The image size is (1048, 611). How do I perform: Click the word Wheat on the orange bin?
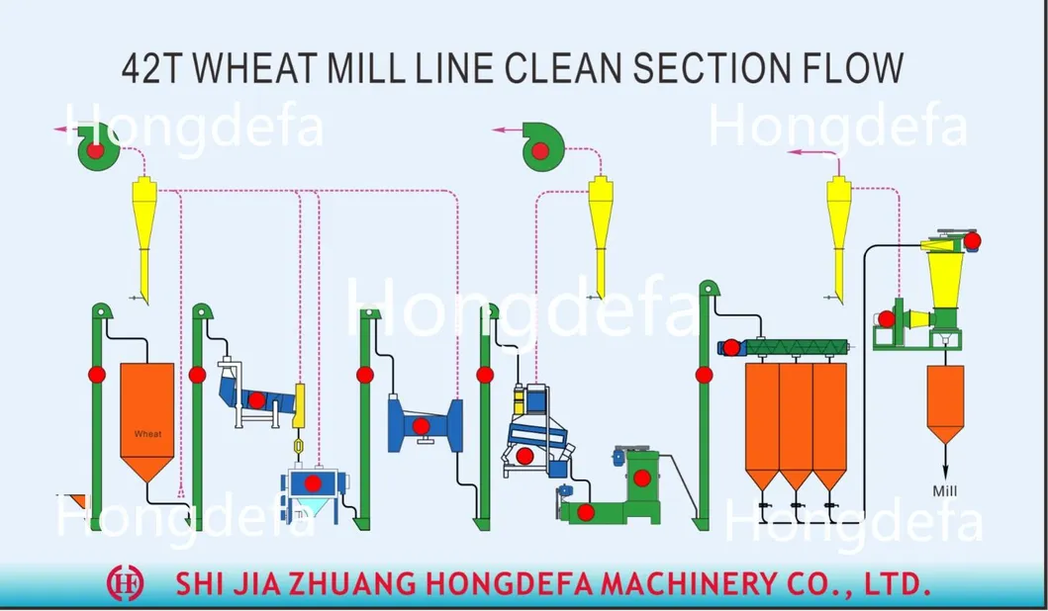(147, 434)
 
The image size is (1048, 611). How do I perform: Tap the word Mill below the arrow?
(945, 491)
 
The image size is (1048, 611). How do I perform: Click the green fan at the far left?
(98, 147)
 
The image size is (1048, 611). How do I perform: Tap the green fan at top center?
(542, 147)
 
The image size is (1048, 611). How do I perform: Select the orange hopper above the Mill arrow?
(945, 403)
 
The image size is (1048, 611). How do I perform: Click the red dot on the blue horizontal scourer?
(421, 426)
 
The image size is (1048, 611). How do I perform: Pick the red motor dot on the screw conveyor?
(732, 347)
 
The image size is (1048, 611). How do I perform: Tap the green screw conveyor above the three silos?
(797, 347)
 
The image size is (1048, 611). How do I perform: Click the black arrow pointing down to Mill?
(945, 461)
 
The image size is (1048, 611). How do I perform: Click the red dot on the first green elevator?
(97, 375)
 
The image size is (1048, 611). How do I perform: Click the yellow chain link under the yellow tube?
(298, 445)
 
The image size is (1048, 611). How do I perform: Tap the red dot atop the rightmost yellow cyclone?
(973, 241)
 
